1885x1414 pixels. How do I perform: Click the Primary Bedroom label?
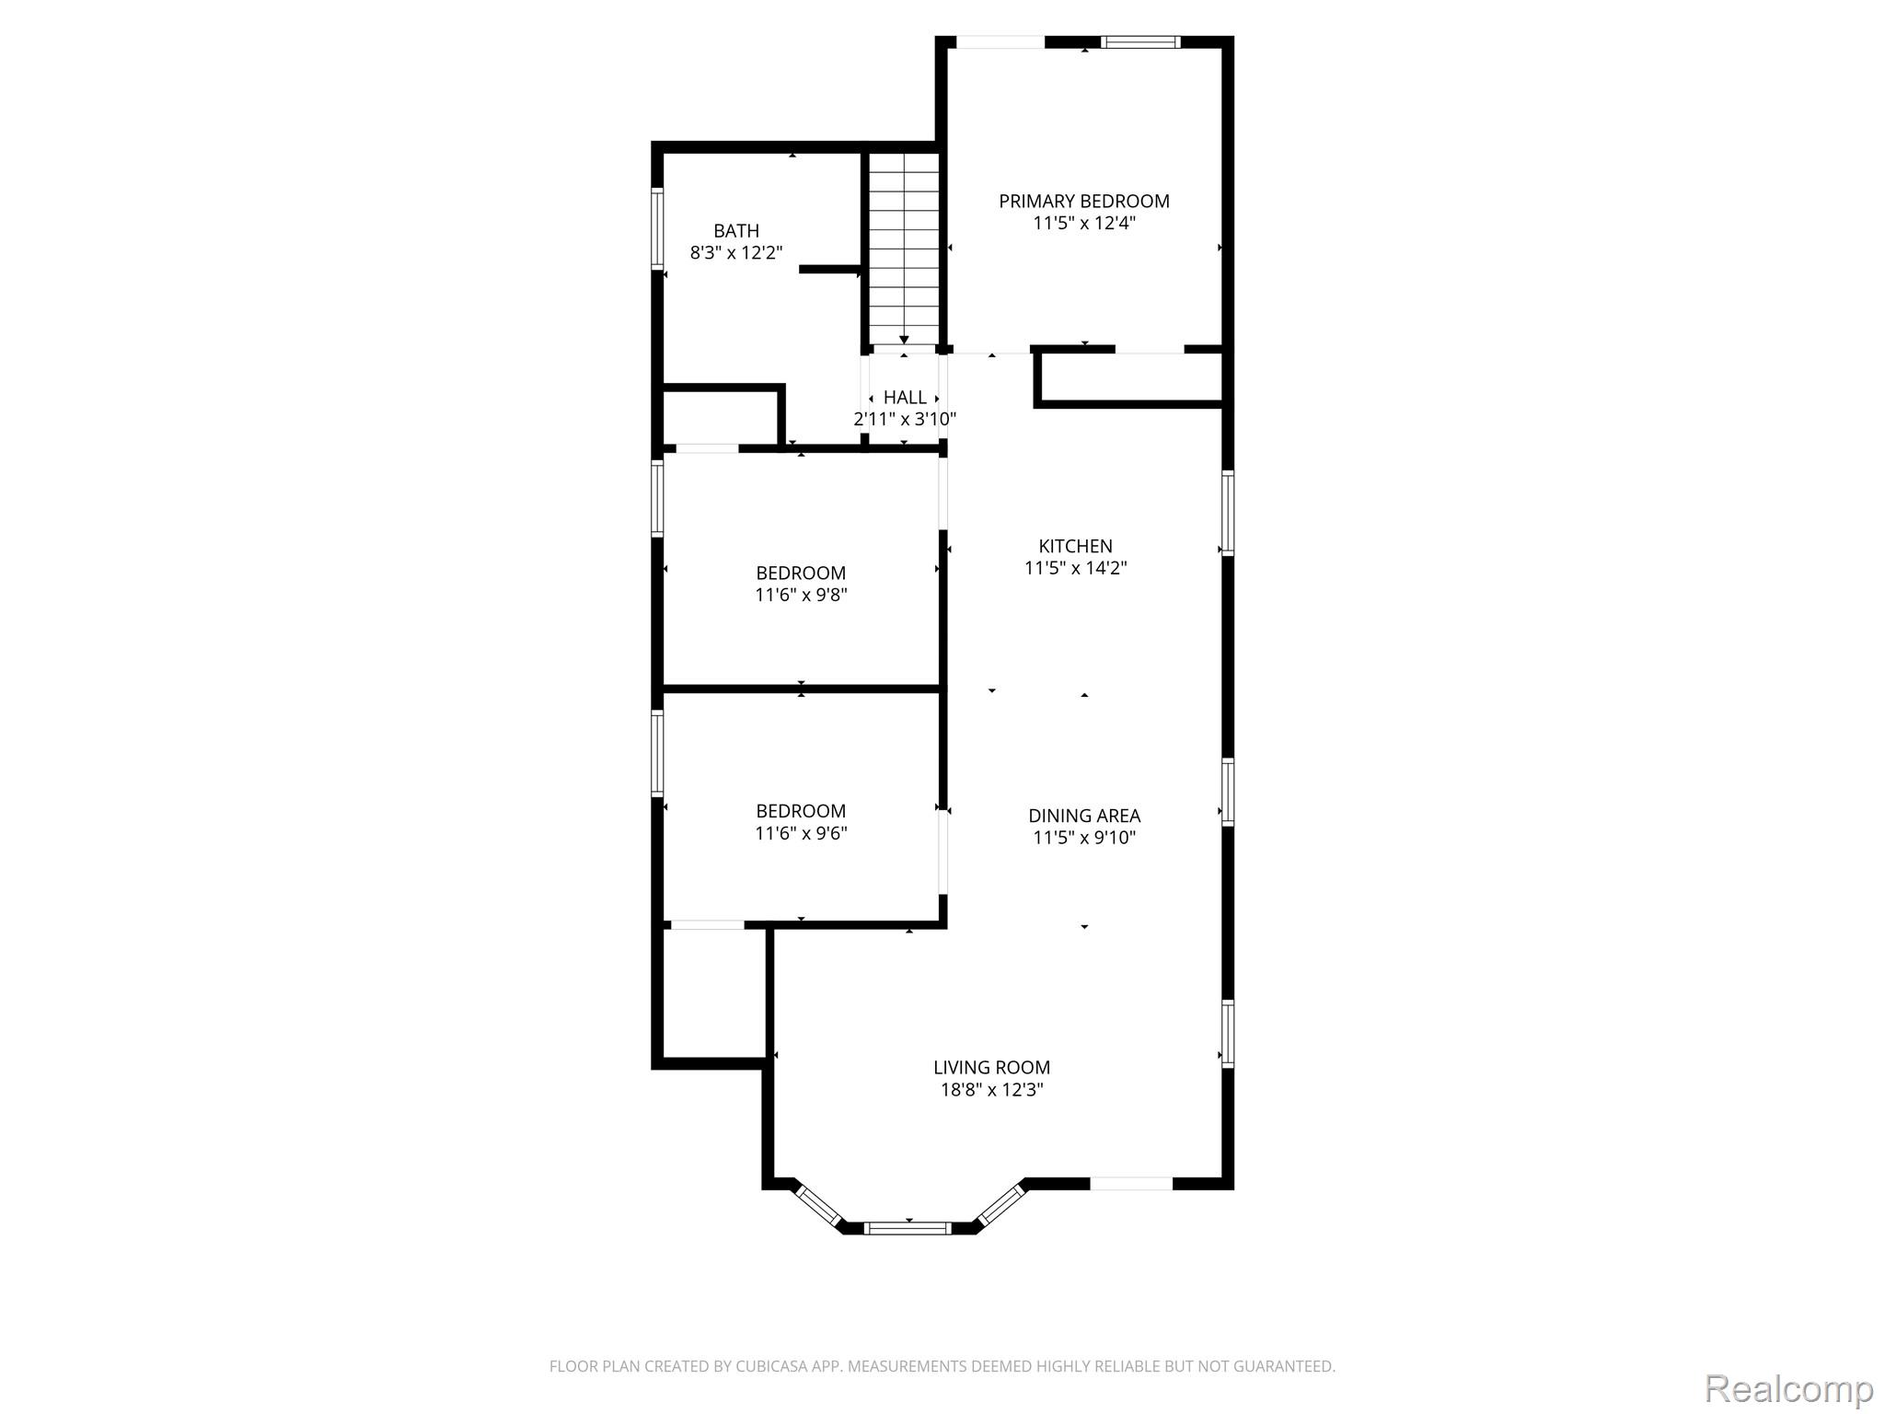1084,201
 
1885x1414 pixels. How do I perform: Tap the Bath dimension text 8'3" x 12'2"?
736,252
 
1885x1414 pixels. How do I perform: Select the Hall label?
905,397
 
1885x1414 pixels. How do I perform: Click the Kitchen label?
1075,546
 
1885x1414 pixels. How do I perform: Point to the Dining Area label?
1084,816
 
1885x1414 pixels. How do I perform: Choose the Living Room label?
991,1067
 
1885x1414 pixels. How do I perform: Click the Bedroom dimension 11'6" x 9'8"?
801,595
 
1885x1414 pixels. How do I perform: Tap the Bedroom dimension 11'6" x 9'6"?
801,833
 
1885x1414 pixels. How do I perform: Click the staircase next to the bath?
905,249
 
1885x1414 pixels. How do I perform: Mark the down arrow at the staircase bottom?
905,340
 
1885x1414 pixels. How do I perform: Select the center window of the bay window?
908,1227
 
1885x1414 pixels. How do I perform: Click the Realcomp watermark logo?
1789,1388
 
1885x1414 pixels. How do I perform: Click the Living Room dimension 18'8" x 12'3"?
991,1090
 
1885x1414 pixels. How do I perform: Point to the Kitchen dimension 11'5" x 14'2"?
1075,568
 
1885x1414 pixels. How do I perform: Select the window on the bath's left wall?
657,228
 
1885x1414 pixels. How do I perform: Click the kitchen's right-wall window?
1228,513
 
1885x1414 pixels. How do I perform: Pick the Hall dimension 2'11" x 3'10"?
905,419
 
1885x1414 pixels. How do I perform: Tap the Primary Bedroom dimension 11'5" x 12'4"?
1084,223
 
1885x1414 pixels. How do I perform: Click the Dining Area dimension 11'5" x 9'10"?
1084,838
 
